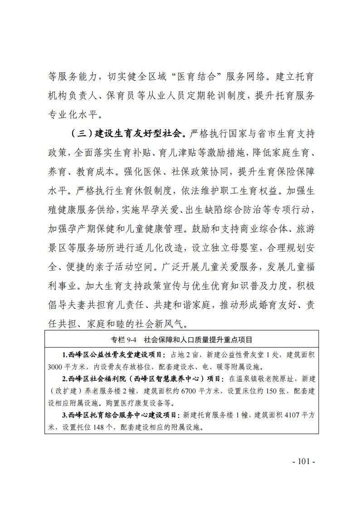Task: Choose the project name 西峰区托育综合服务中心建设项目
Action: (122, 415)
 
